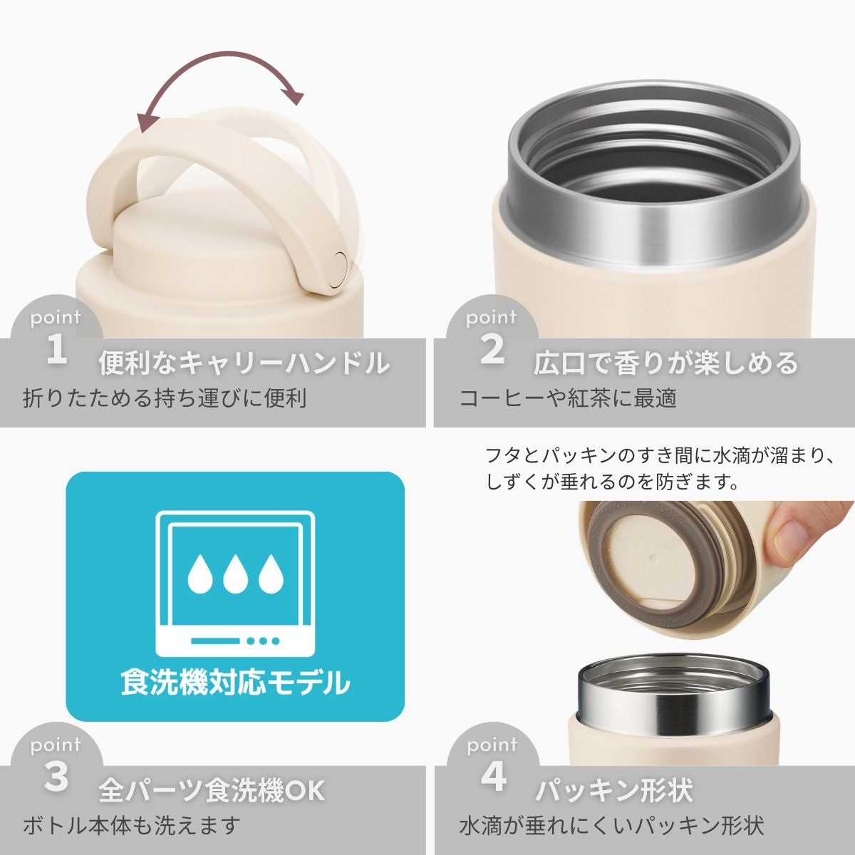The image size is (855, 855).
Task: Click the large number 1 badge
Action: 56,350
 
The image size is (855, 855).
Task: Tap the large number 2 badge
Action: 492,350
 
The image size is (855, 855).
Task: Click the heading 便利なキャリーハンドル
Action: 244,363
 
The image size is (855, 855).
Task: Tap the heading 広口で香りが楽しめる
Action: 665,363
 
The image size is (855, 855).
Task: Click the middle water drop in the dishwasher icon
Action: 235,574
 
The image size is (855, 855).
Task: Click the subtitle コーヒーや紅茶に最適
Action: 567,398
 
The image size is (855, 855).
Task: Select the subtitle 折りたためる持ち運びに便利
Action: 165,398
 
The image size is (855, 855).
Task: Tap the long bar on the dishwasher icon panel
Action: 216,641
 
